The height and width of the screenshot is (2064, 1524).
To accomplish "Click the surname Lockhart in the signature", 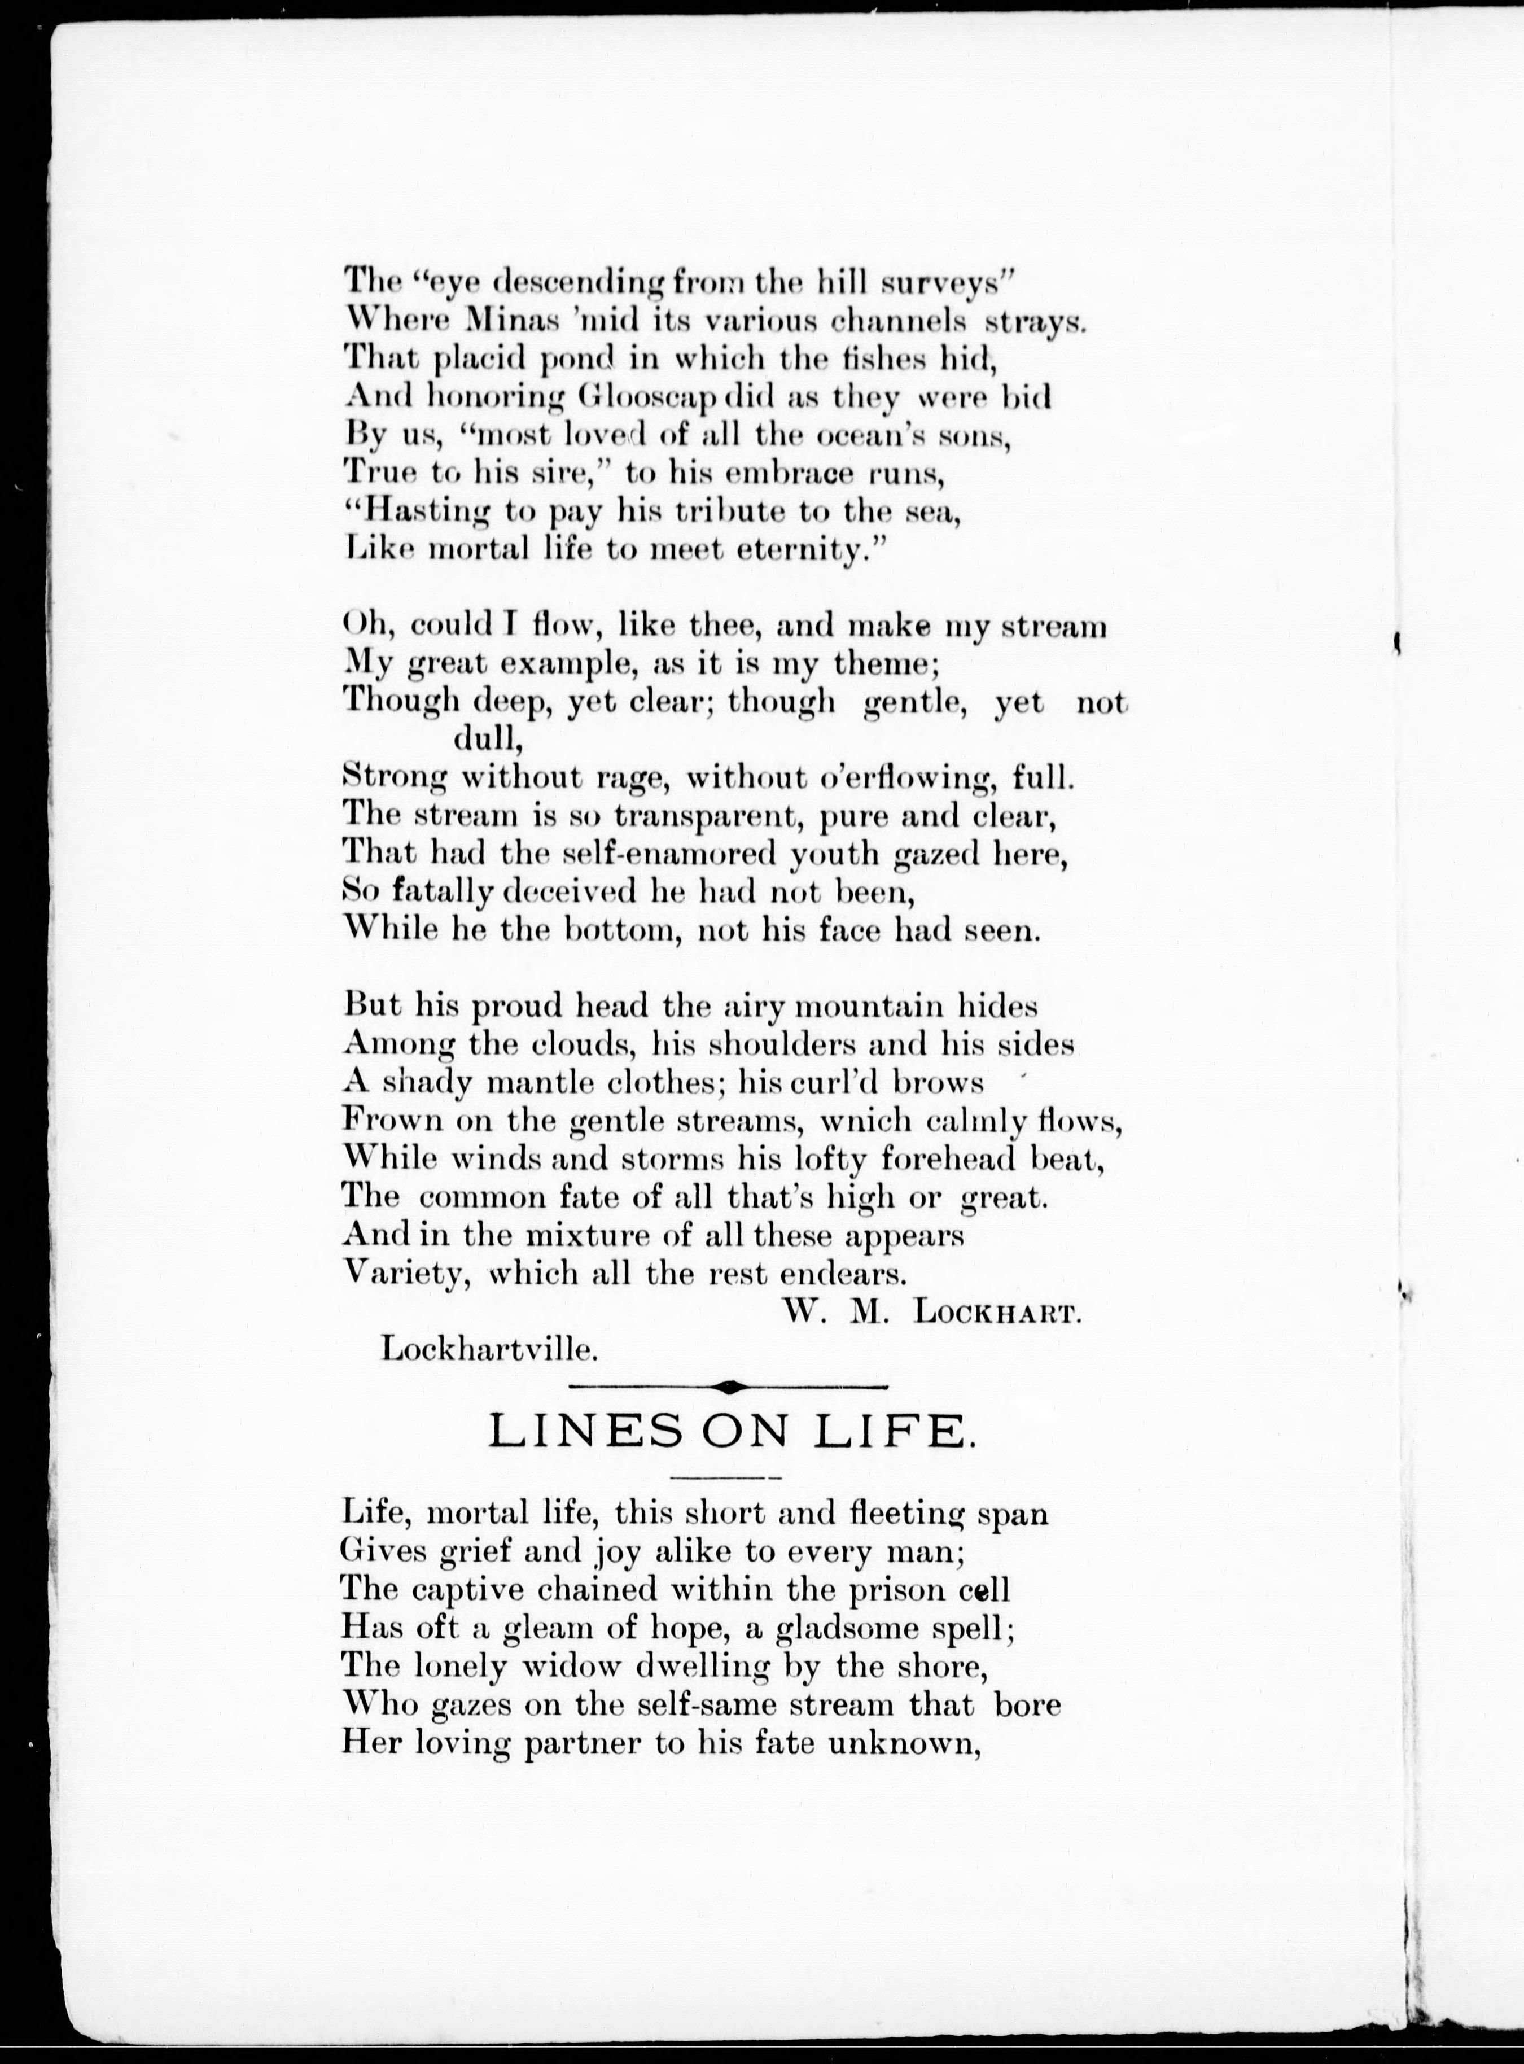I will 996,1314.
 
